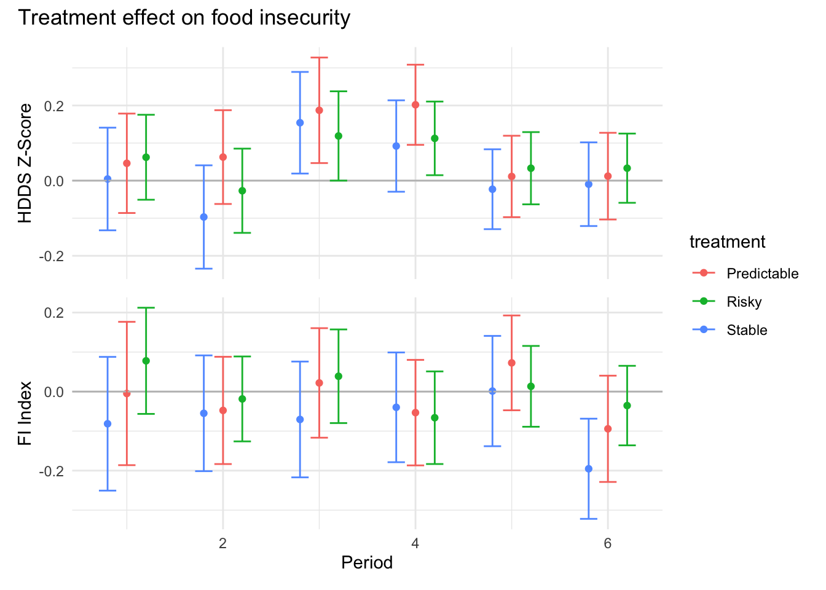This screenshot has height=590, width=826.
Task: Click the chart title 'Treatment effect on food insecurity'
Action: click(x=184, y=18)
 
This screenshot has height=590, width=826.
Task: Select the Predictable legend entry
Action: click(x=762, y=273)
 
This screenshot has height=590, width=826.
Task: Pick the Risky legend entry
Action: click(x=744, y=302)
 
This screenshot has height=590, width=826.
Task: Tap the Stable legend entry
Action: click(x=747, y=330)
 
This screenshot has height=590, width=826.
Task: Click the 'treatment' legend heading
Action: click(x=727, y=242)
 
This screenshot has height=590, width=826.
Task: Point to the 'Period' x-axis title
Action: click(x=367, y=562)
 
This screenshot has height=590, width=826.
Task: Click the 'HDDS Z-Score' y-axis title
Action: click(x=25, y=163)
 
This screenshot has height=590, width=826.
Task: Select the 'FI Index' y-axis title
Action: click(x=25, y=405)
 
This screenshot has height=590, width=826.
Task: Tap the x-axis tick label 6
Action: click(x=607, y=543)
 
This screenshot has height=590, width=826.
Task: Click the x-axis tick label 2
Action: click(x=222, y=543)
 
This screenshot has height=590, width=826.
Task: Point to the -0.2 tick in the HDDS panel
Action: click(x=52, y=256)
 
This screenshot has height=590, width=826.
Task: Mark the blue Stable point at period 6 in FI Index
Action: click(x=589, y=469)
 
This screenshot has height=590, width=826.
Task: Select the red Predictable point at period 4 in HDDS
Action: click(x=415, y=105)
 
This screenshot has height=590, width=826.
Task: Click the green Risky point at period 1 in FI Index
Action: click(x=146, y=361)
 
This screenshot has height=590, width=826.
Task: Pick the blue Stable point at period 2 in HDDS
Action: click(x=204, y=217)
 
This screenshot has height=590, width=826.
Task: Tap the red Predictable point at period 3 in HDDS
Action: click(x=319, y=111)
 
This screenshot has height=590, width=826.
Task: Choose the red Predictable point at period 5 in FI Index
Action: click(x=511, y=363)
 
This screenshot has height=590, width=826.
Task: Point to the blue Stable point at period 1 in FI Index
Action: click(x=108, y=424)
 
